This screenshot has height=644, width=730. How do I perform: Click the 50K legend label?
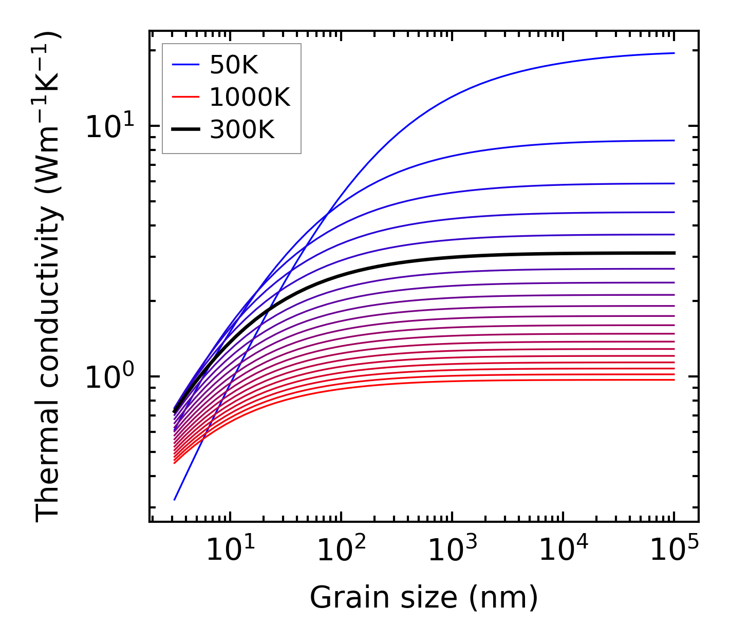coord(234,65)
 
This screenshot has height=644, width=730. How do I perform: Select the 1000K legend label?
coord(250,97)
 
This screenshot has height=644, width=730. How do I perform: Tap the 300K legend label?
coord(242,130)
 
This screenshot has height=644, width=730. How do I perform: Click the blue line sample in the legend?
coord(185,65)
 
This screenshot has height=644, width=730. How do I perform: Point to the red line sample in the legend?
coord(185,97)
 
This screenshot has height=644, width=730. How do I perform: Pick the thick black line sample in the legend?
coord(185,130)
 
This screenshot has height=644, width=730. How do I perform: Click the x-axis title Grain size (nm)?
coord(424,598)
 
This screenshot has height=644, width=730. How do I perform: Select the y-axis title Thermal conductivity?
coord(48,276)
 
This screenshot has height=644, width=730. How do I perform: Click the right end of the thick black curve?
coord(673,253)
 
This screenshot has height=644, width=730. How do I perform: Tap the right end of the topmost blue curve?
coord(673,53)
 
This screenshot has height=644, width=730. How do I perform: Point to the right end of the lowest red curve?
coord(673,380)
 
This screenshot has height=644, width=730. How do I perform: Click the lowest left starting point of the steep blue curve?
coord(175,499)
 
